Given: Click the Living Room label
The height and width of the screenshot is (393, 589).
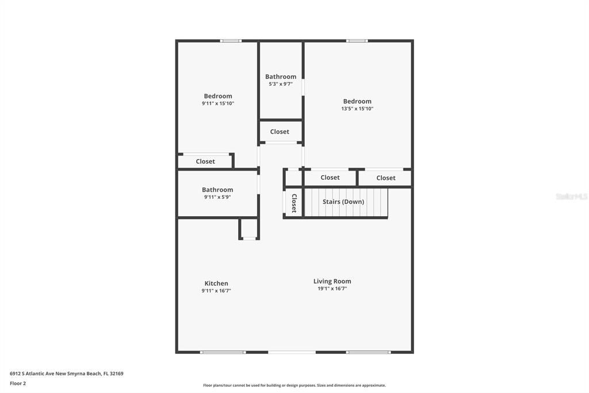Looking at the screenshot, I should click(332, 281).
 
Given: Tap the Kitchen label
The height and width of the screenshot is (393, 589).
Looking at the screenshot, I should click(216, 283).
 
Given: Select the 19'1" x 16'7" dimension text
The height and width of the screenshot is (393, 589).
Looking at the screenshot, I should click(332, 289).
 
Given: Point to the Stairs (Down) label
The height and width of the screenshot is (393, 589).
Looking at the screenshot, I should click(343, 202).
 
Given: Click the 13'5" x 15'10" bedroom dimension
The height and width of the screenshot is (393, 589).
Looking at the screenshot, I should click(357, 108).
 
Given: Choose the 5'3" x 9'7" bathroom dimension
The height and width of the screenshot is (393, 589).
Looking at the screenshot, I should click(281, 84).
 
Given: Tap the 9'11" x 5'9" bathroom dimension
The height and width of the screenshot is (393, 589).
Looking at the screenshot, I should click(217, 197).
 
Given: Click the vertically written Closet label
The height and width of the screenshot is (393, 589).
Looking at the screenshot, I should click(294, 203).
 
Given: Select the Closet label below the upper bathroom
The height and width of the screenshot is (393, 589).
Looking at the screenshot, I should click(280, 131).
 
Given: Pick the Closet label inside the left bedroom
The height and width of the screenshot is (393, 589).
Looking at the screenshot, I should click(205, 161).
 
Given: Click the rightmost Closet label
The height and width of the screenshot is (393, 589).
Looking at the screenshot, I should click(386, 177).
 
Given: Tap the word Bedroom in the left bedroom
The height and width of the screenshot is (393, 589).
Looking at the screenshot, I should click(218, 96).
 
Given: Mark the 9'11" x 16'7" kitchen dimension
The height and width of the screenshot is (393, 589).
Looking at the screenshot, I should click(216, 291).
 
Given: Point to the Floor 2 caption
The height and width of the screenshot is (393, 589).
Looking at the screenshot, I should click(18, 383).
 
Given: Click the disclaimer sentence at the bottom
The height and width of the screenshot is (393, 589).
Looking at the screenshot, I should click(294, 386).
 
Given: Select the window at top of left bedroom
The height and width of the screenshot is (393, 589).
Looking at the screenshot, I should click(231, 41).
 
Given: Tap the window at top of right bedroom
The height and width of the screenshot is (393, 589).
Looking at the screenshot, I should click(357, 41).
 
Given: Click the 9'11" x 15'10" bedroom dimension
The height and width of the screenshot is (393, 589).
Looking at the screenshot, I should click(218, 104).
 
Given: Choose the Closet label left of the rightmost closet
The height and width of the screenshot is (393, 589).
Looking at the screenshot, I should click(330, 177).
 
